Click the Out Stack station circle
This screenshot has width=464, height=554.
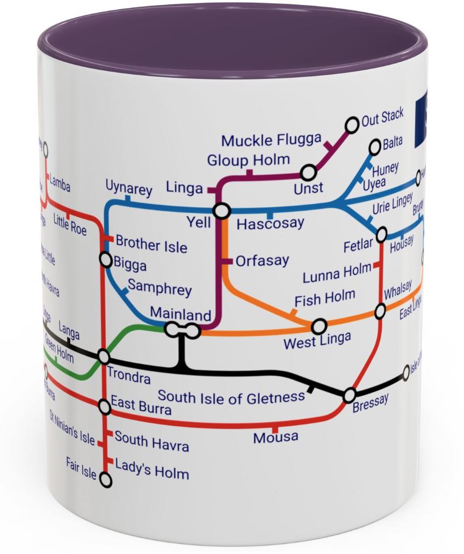(x=352, y=125)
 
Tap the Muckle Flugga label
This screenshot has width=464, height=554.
(x=264, y=141)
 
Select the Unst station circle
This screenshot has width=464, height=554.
(x=308, y=173)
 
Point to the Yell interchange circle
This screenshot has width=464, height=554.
(x=221, y=211)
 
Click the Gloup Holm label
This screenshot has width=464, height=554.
(x=249, y=160)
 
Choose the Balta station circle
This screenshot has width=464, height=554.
(x=375, y=147)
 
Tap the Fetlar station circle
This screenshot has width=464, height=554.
(x=381, y=235)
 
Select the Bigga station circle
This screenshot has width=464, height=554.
(x=106, y=260)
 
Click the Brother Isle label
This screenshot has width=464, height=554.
(x=151, y=244)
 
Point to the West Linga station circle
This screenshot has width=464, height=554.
(x=319, y=326)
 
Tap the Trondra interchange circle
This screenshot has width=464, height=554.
(x=104, y=356)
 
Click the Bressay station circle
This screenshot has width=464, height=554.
(x=350, y=396)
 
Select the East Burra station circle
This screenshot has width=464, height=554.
(x=105, y=407)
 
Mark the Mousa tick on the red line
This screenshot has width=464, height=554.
(x=275, y=429)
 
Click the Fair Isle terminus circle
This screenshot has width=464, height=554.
(x=106, y=480)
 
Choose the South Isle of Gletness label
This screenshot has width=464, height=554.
(x=231, y=398)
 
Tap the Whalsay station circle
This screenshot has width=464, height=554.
(x=380, y=310)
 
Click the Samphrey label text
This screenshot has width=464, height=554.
(x=160, y=288)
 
